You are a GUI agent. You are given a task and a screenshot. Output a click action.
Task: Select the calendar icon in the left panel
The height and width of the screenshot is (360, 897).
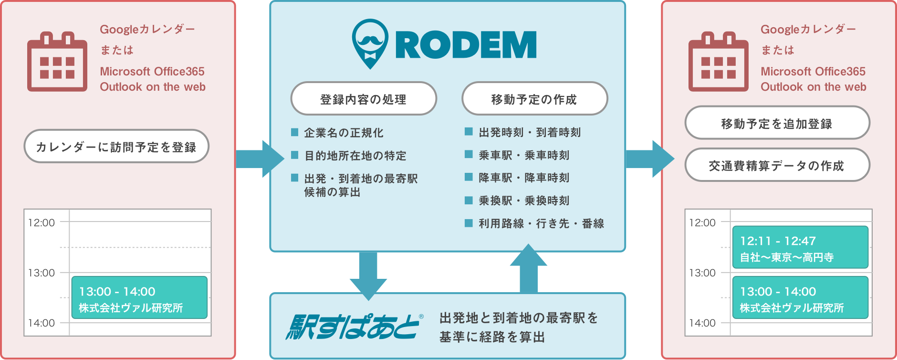pos(57,62)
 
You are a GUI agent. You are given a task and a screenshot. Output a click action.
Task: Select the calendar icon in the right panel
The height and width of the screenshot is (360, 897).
pos(719,62)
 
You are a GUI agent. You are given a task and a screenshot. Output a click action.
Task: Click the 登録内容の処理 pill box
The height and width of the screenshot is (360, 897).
pos(364,99)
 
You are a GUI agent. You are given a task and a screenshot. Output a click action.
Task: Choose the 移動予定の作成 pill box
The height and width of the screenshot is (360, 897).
pos(534,99)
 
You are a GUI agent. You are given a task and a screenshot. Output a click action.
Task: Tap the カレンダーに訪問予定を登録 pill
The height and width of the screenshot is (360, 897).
pos(116,146)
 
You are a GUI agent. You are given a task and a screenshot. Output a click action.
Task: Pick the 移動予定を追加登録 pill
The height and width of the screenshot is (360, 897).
pos(777,123)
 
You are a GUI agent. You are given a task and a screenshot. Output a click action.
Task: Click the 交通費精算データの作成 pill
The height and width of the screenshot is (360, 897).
pos(777,165)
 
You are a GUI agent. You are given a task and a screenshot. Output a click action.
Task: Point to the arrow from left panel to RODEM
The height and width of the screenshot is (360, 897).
pos(260,159)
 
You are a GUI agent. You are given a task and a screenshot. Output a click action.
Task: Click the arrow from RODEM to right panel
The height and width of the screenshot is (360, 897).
pos(650,159)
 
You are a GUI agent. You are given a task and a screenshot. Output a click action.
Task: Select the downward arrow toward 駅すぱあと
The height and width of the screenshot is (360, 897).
pos(368,276)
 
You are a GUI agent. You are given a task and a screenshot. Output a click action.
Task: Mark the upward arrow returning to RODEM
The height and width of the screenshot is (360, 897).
pos(529,268)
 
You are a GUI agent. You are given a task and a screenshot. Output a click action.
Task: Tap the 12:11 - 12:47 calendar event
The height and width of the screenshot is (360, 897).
pos(800,247)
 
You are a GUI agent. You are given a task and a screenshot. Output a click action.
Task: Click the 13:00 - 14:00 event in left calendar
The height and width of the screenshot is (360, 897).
pos(139,297)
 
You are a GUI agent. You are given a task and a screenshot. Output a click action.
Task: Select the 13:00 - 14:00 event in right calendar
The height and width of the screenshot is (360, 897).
pos(800,297)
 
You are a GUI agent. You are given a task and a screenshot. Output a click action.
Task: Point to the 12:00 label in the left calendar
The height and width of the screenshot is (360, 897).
pos(42,222)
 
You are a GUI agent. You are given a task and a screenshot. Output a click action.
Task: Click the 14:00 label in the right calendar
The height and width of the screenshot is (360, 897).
pos(702,323)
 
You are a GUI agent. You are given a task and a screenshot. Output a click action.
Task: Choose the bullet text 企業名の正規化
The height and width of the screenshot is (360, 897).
pos(344,133)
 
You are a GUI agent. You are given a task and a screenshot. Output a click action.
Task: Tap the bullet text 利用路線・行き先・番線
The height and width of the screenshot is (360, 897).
pos(542,223)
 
